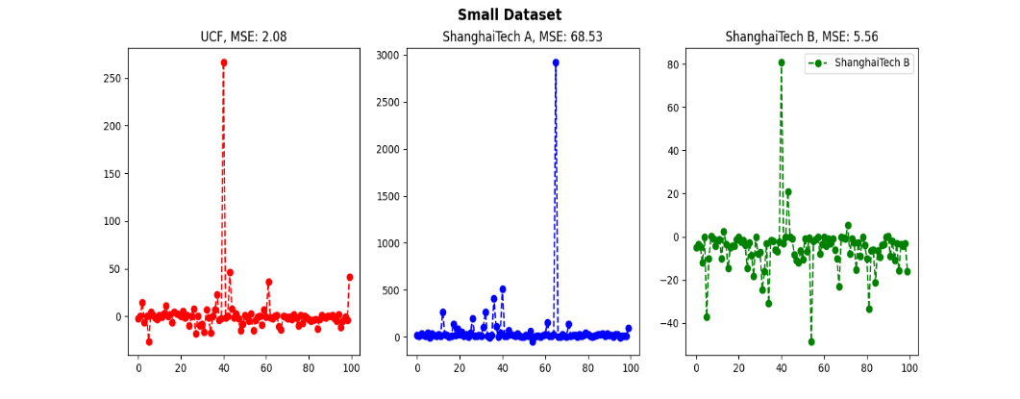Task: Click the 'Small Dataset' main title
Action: coord(510,14)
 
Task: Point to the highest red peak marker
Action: coord(224,62)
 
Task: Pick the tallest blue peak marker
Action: coord(556,62)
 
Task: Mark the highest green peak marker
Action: coord(782,62)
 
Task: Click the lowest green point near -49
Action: coord(811,341)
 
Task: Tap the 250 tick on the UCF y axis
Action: coord(111,79)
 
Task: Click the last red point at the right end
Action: coord(350,277)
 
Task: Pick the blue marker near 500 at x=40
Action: coord(502,289)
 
